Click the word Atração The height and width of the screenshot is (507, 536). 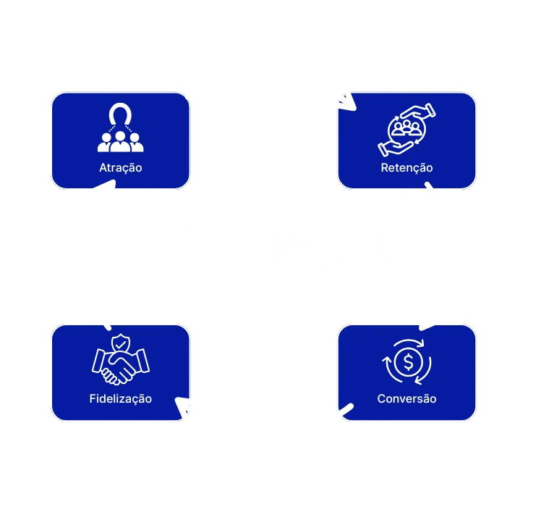coord(121,168)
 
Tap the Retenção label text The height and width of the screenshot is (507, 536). coord(407,168)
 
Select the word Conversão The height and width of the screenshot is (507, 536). coord(407,398)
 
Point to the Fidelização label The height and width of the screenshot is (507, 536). coord(121,398)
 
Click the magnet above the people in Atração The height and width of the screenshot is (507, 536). coord(121,116)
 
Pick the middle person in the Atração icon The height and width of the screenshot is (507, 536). coord(121,141)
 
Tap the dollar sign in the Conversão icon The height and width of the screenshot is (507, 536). coord(407,361)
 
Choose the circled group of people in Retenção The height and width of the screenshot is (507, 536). coord(407,130)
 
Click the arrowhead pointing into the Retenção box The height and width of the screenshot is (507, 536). coord(346,101)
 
